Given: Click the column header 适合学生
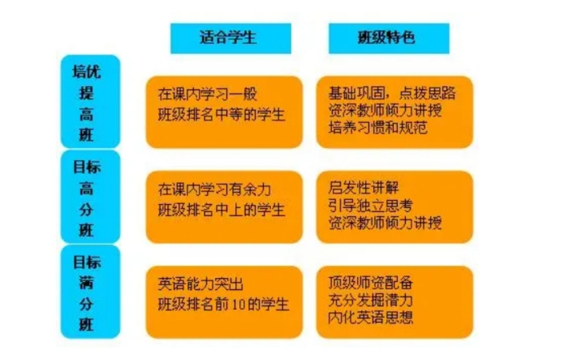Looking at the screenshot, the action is (x=228, y=37).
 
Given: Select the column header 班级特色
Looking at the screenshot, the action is (x=386, y=37).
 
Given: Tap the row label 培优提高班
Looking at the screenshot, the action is (x=86, y=103).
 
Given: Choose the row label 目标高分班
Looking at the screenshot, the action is (x=87, y=199).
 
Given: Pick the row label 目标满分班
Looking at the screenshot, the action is (x=87, y=293).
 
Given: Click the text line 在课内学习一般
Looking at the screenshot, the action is (x=208, y=94).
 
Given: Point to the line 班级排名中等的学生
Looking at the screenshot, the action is (x=221, y=115).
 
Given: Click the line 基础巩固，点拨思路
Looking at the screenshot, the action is (x=392, y=93).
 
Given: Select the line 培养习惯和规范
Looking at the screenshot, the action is (x=378, y=127).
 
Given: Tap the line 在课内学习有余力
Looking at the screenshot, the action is (x=215, y=189).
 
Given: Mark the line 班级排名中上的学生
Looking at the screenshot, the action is (x=221, y=210).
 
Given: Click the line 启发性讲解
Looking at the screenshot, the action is (x=363, y=187).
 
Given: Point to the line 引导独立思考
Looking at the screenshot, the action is (x=370, y=205).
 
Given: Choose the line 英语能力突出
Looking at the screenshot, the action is (x=201, y=284).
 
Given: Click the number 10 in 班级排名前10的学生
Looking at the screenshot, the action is (x=238, y=305).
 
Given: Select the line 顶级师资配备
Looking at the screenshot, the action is (x=370, y=283).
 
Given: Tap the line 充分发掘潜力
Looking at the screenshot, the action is (x=370, y=300).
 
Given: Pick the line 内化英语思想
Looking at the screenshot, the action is (x=370, y=317).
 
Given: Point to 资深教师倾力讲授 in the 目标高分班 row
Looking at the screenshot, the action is (x=385, y=223).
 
